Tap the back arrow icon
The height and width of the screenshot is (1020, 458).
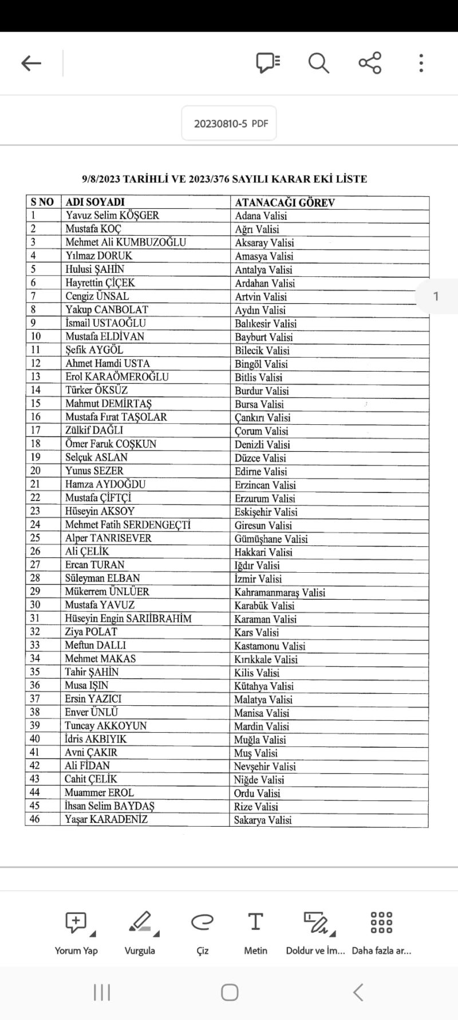coord(31,63)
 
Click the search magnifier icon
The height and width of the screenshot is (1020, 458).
coord(318,62)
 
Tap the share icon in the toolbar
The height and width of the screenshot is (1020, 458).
coord(370,62)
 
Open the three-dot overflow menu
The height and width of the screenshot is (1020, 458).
coord(421,62)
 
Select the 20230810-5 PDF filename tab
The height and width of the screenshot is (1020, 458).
coord(229,123)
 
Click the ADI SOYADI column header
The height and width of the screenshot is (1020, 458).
coord(95,202)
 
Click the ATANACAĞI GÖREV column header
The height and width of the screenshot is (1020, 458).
coord(285,202)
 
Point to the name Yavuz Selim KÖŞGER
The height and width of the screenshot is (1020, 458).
coord(112,216)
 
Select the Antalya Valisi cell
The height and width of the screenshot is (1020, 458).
coord(263,269)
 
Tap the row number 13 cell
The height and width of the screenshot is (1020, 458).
coord(35,377)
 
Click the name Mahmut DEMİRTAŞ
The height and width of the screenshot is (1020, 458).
coord(108,404)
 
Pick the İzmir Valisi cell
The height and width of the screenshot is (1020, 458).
coord(258,579)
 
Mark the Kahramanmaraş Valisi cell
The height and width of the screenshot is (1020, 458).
coord(279,592)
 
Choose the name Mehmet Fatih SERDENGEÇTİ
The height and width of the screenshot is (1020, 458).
coord(128,525)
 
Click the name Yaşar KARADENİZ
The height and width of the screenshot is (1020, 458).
coord(106,819)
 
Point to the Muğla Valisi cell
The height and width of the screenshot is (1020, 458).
coord(259,740)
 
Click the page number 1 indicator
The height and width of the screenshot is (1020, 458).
coord(436,296)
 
